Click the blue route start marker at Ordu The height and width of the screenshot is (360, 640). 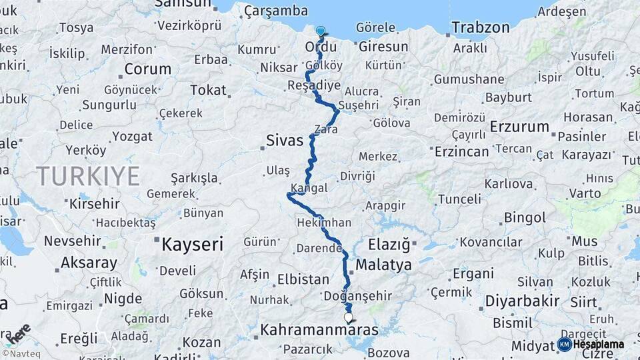pos(321,31)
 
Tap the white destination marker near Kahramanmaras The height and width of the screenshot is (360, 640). pos(347,318)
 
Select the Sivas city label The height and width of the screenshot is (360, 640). pos(285,141)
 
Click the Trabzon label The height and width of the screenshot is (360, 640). pos(480,27)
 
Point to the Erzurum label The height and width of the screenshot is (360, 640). pos(519,127)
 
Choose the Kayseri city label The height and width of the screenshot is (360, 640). pos(192,245)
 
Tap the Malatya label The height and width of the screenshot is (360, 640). pos(383,265)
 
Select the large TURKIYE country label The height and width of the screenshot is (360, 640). pos(87,176)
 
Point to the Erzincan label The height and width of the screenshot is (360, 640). pos(462,151)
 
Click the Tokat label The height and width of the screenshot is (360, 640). pos(209,90)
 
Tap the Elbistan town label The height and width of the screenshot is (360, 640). pos(303,279)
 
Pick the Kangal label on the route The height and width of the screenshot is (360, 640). pos(309,188)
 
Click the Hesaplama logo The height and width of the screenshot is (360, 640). pos(591,345)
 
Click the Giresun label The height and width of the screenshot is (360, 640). pos(383,47)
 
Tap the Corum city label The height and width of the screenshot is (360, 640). pos(147,69)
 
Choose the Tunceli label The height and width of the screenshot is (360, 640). pos(459,199)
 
